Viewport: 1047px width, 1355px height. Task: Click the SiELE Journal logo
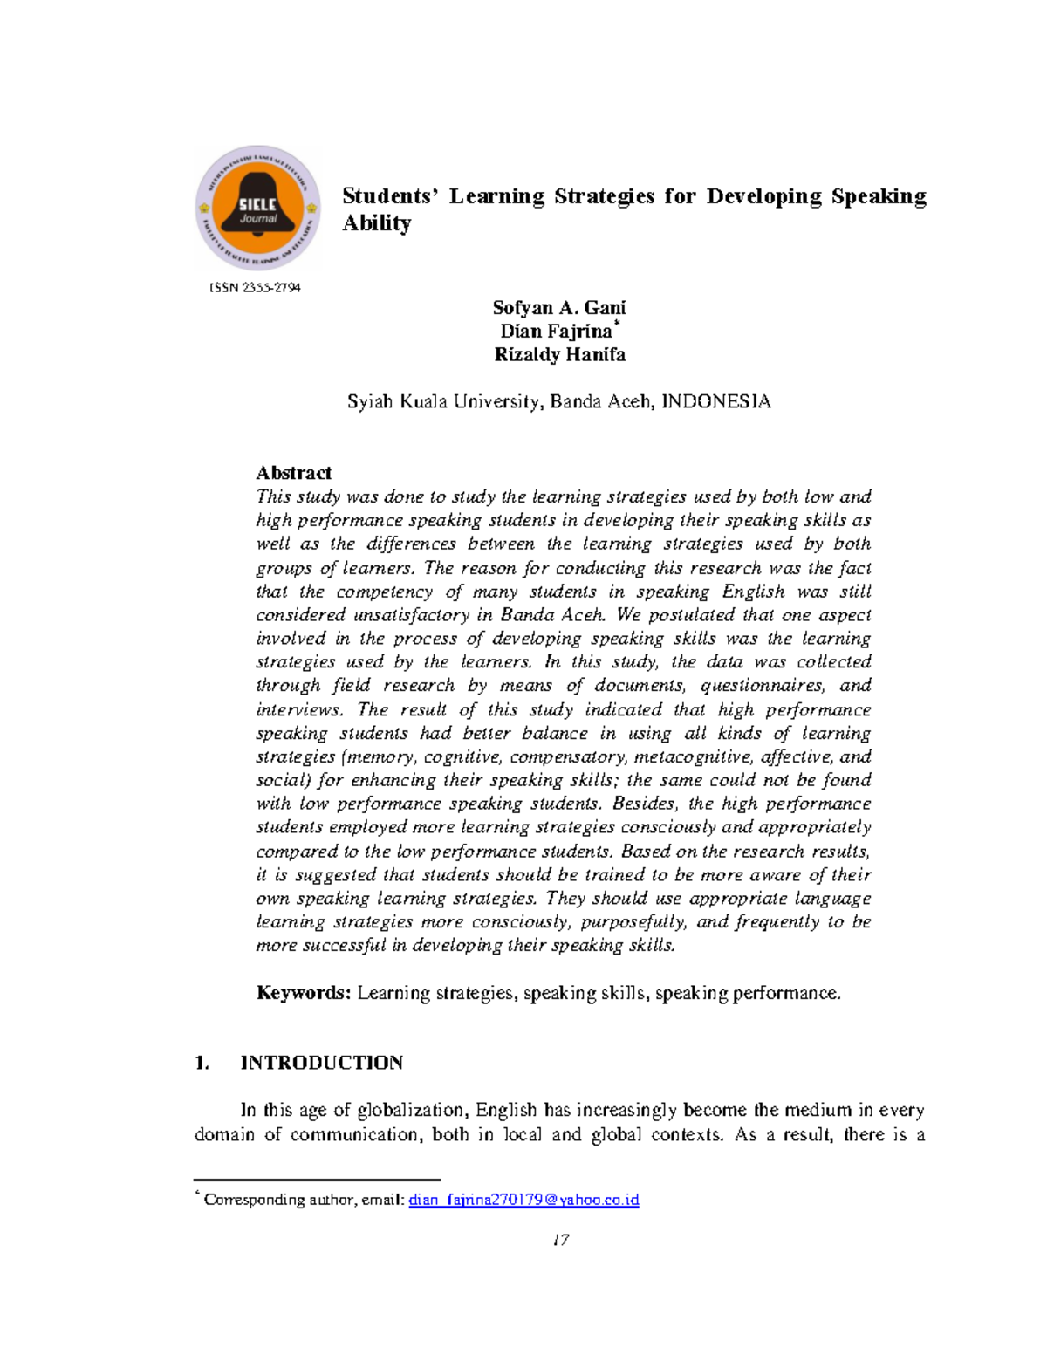(x=258, y=209)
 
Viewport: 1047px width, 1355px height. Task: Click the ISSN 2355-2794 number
(x=255, y=288)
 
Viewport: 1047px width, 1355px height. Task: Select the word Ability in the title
(x=376, y=223)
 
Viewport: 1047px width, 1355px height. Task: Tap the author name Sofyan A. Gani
(x=558, y=307)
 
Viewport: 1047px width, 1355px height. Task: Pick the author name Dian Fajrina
(x=556, y=332)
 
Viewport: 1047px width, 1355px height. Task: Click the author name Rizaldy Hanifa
(x=559, y=355)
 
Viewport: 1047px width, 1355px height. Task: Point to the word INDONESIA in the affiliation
(x=716, y=402)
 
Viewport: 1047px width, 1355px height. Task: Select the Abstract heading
(x=293, y=473)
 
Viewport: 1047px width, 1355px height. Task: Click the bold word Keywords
(x=303, y=993)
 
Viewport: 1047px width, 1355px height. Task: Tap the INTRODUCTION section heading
(x=321, y=1063)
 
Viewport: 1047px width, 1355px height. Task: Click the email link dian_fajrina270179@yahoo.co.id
(x=523, y=1200)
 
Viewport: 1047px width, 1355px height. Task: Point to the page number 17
(x=560, y=1240)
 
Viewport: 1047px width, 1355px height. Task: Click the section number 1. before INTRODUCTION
(x=202, y=1063)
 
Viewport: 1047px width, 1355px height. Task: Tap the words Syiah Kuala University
(x=445, y=402)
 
